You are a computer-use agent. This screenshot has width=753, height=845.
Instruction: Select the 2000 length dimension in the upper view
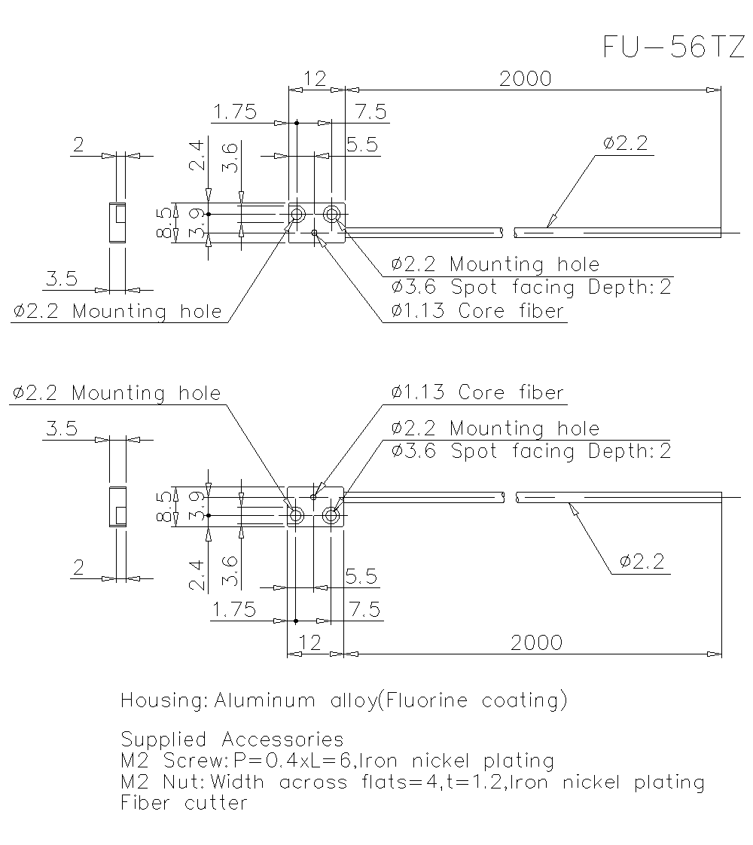525,78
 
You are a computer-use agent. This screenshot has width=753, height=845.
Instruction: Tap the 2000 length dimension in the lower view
536,642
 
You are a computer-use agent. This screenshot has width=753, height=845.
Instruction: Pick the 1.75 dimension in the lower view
233,609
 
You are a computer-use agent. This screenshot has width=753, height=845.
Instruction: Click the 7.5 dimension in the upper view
370,112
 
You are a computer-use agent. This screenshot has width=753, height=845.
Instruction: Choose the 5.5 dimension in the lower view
361,576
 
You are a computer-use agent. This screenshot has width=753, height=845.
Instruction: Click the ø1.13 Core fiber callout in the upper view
477,311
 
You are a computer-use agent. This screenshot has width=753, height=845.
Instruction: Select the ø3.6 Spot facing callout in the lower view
531,451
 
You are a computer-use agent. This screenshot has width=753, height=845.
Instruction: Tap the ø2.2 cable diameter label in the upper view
625,143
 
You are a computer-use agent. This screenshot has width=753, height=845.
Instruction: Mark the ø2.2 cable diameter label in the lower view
642,561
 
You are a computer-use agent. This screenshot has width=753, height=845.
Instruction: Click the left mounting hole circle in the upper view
297,214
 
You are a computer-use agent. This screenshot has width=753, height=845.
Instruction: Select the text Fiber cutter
184,803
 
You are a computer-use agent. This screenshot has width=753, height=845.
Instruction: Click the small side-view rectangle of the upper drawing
117,222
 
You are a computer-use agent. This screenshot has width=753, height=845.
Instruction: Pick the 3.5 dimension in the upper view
62,279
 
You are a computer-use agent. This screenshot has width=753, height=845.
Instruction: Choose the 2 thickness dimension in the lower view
78,568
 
